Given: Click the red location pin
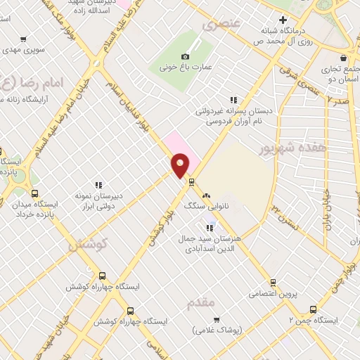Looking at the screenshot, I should [180, 165].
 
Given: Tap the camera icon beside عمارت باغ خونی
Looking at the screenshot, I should [186, 56].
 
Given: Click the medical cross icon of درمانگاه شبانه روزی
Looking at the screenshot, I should [283, 20].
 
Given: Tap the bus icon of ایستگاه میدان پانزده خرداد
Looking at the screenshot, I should [35, 194].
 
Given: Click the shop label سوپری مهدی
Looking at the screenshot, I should [25, 51].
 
